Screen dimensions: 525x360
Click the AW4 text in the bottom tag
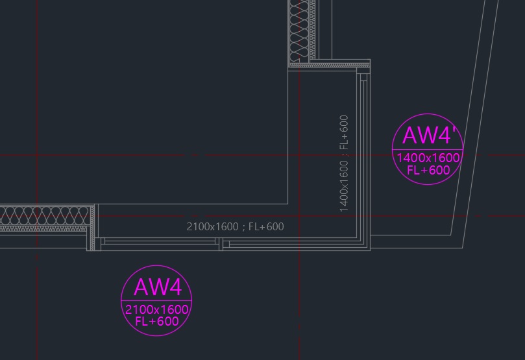coord(158,287)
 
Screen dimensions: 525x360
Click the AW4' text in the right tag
coord(429,135)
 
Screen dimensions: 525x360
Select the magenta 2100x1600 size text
coord(156,309)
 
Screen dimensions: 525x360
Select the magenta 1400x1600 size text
coord(428,158)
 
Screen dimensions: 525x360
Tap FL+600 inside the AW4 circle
coord(156,322)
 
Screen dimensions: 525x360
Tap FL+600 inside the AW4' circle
coord(428,170)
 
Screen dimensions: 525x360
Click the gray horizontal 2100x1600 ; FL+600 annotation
coord(235,227)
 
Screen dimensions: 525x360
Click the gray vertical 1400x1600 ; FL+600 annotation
coord(344,163)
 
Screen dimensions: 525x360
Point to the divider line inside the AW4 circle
coord(156,300)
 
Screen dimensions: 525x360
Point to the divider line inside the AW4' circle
coord(428,149)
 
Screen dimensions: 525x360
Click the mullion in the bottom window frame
coord(221,244)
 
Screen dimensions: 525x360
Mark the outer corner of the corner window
coord(370,250)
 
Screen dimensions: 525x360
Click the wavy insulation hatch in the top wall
coord(300,30)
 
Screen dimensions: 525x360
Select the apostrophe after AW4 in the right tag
coord(454,130)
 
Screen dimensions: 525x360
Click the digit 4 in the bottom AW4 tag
coord(174,287)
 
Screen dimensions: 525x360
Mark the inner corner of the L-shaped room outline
coord(288,204)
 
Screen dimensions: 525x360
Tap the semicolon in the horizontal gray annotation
coord(243,228)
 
